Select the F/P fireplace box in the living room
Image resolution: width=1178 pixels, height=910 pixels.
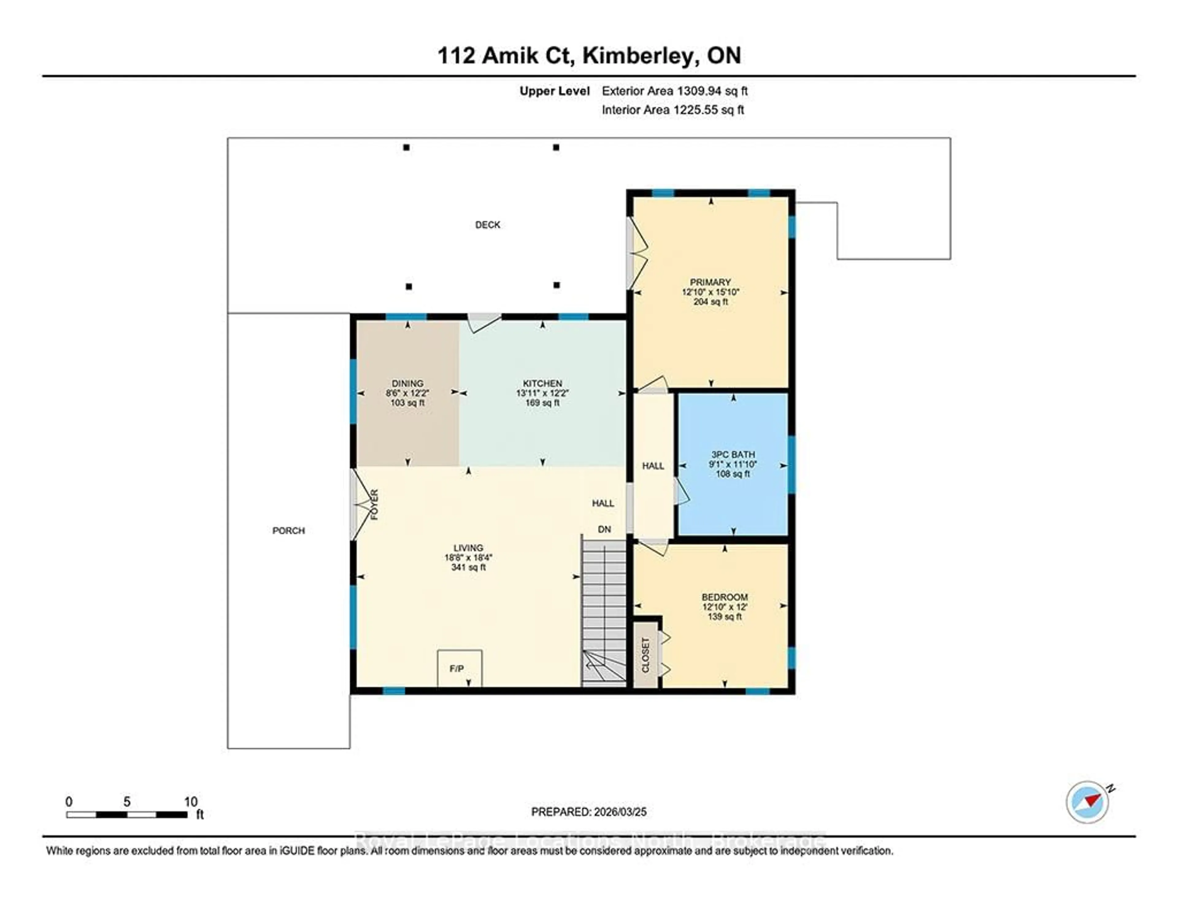click(x=459, y=668)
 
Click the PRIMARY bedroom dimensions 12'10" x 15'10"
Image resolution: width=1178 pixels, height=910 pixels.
click(x=710, y=292)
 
